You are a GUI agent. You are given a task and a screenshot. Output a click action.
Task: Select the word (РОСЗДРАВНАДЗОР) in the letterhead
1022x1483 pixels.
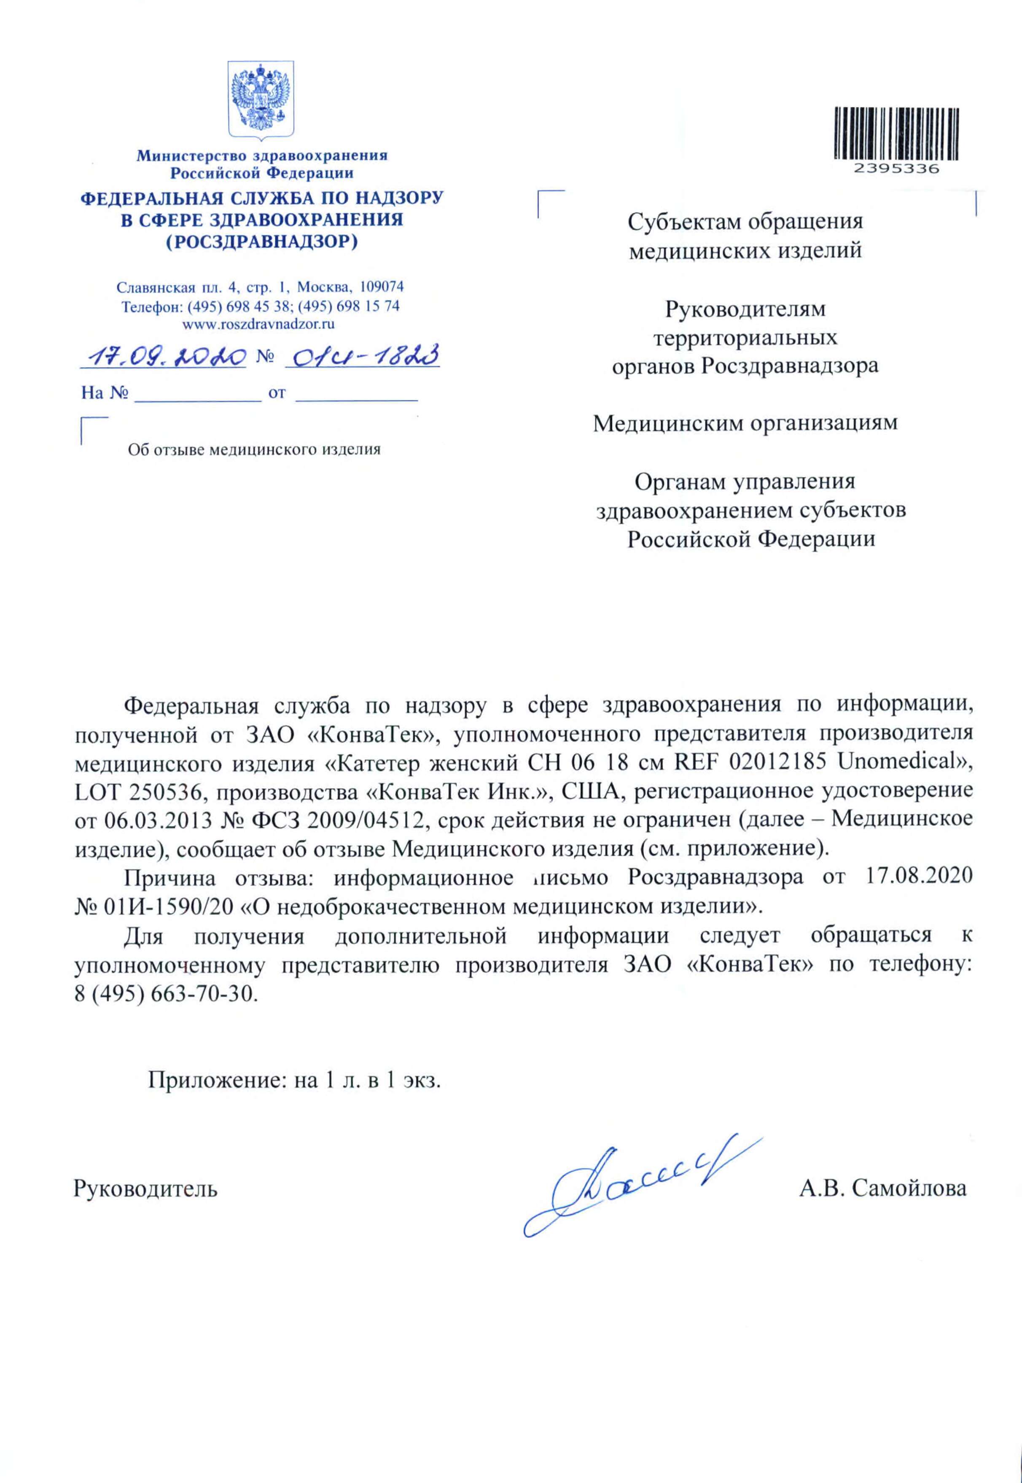[261, 242]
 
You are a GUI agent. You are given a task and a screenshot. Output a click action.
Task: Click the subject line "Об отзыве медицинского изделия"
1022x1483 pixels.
[254, 449]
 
